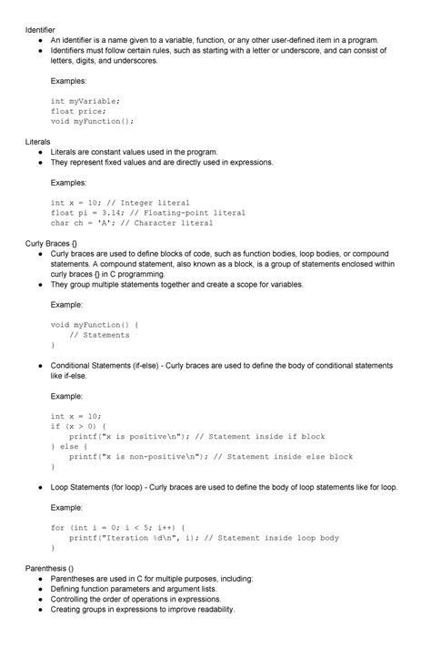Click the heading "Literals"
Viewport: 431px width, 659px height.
click(x=37, y=142)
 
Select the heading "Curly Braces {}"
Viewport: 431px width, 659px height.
click(x=51, y=243)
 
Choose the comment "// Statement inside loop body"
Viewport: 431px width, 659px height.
click(x=272, y=538)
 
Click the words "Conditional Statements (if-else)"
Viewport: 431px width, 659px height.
click(x=112, y=366)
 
